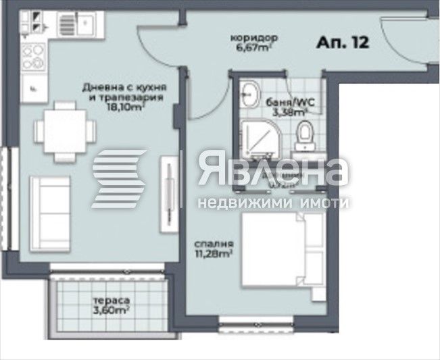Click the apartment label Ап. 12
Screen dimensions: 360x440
[343, 43]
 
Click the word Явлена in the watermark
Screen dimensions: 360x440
[273, 172]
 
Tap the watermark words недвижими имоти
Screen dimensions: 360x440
[273, 202]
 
